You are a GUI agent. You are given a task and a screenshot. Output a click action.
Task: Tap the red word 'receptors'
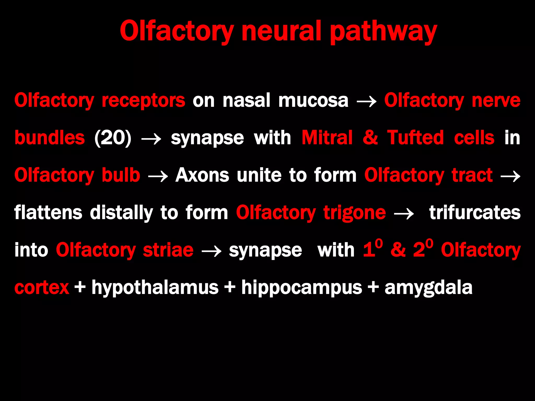(x=143, y=101)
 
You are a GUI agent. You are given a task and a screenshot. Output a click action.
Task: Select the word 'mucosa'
(x=313, y=101)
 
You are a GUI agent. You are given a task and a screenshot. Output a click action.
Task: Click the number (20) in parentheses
(x=113, y=138)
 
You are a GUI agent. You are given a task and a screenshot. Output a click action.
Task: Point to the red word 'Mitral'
(x=327, y=138)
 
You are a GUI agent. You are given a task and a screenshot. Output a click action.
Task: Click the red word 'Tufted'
(x=415, y=138)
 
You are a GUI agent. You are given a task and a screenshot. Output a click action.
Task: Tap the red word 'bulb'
(x=121, y=175)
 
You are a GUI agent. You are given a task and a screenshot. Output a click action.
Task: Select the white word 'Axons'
(x=202, y=175)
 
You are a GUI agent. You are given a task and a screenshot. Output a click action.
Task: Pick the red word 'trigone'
(x=354, y=213)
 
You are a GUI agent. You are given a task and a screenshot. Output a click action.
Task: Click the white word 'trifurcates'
(x=475, y=213)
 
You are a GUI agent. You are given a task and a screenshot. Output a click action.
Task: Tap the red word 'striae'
(x=168, y=250)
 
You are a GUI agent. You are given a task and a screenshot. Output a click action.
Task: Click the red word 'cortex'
(x=42, y=288)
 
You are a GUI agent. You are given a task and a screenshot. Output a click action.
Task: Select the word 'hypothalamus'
(x=155, y=288)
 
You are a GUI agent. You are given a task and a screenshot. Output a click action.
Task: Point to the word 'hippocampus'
(x=302, y=288)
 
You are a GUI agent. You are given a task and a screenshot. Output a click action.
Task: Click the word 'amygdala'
(x=428, y=288)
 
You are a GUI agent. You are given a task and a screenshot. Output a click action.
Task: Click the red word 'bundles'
(x=50, y=138)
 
